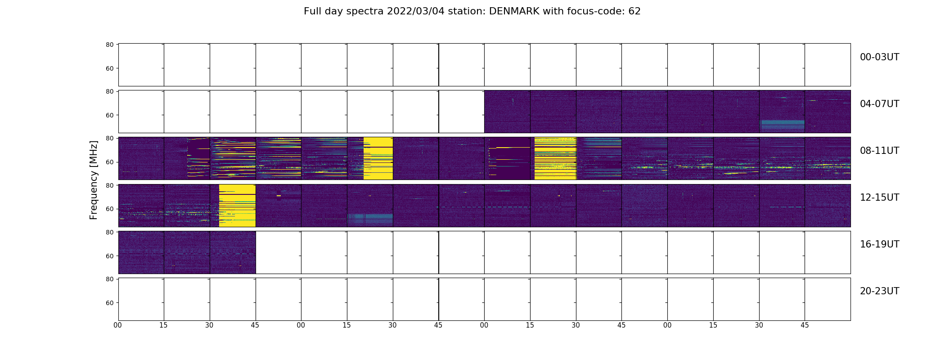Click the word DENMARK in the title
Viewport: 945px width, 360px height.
[x=514, y=11]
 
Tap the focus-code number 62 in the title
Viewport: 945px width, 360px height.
[x=634, y=11]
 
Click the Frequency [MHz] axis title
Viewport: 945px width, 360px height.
[x=94, y=180]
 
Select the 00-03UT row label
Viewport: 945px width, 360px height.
[x=879, y=57]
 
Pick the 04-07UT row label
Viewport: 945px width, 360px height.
[x=879, y=104]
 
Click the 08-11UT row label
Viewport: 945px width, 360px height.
[x=879, y=151]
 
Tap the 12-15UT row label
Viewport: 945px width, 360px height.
[x=879, y=198]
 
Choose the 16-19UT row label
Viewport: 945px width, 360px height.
[x=879, y=244]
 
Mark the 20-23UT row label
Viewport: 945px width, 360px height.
[x=879, y=291]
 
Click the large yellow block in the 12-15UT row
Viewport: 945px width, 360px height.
[x=237, y=205]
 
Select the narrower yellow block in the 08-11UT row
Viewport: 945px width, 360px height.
[x=378, y=158]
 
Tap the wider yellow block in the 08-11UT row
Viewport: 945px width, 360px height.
[x=555, y=158]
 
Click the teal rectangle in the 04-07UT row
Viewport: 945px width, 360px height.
[x=782, y=125]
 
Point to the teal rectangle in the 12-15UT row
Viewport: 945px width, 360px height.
[x=370, y=219]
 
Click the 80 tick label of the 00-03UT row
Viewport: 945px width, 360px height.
[x=109, y=45]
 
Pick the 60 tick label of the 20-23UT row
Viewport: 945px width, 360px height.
[x=109, y=303]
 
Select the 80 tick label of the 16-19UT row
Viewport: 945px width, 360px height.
[x=109, y=232]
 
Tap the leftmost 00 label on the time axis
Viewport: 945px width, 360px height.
[x=118, y=325]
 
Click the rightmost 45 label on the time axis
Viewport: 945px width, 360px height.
[x=805, y=325]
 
